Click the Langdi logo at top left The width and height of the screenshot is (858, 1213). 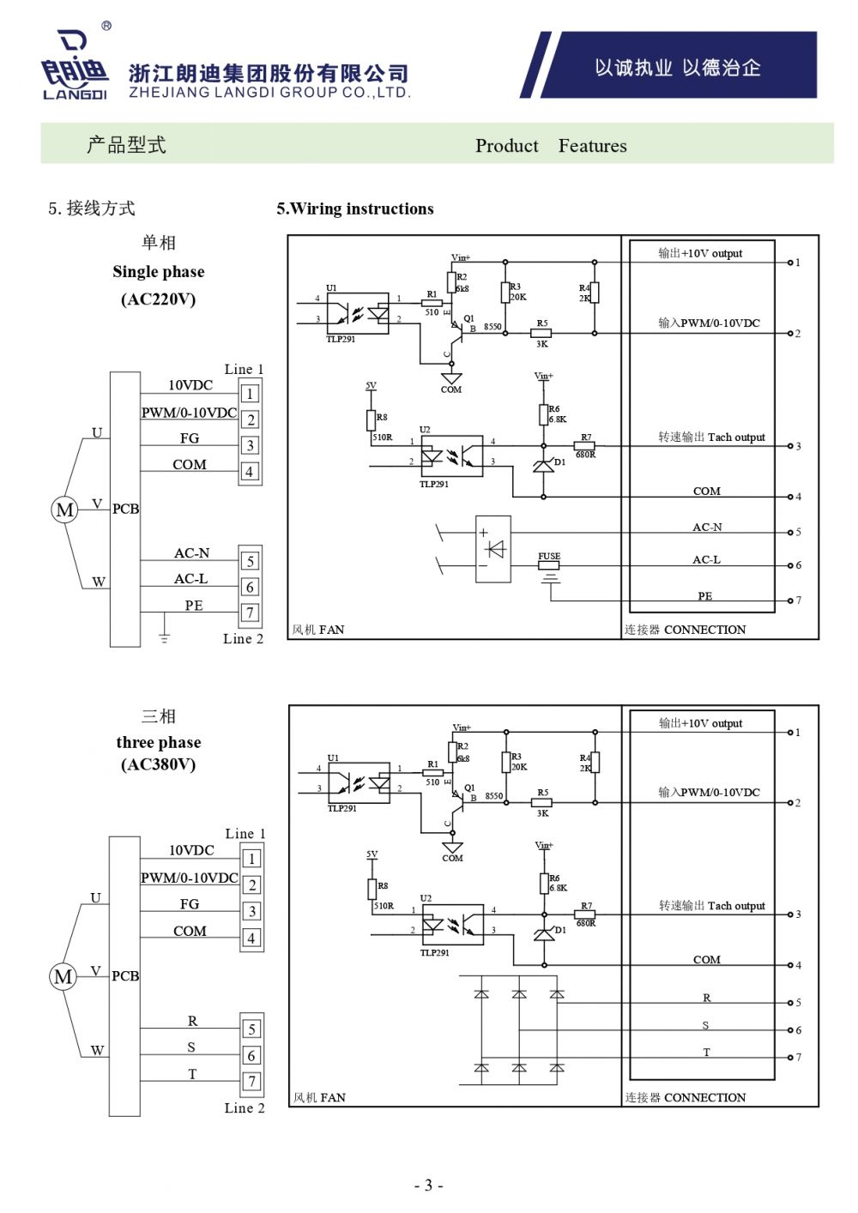pyautogui.click(x=76, y=65)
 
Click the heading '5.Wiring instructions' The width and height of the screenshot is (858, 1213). pyautogui.click(x=354, y=208)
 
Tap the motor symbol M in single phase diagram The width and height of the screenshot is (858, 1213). pyautogui.click(x=64, y=510)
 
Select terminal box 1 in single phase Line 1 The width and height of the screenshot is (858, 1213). pyautogui.click(x=250, y=394)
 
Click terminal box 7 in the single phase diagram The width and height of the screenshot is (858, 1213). pyautogui.click(x=250, y=613)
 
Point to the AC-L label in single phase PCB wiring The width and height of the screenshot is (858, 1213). pyautogui.click(x=191, y=579)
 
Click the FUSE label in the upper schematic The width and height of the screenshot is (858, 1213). pyautogui.click(x=549, y=557)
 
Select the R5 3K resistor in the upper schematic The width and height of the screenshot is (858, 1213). pyautogui.click(x=541, y=333)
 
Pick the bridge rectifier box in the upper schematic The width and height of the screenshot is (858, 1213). pyautogui.click(x=493, y=549)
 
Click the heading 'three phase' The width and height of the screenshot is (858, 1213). pyautogui.click(x=159, y=742)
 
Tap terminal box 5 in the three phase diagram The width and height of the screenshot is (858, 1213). pyautogui.click(x=251, y=1029)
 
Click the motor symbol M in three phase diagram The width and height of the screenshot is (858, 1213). pyautogui.click(x=63, y=976)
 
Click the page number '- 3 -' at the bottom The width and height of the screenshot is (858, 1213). pyautogui.click(x=429, y=1186)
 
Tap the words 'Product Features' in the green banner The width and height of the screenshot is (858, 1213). pyautogui.click(x=551, y=146)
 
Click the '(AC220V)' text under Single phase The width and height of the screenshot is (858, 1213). pyautogui.click(x=159, y=299)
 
